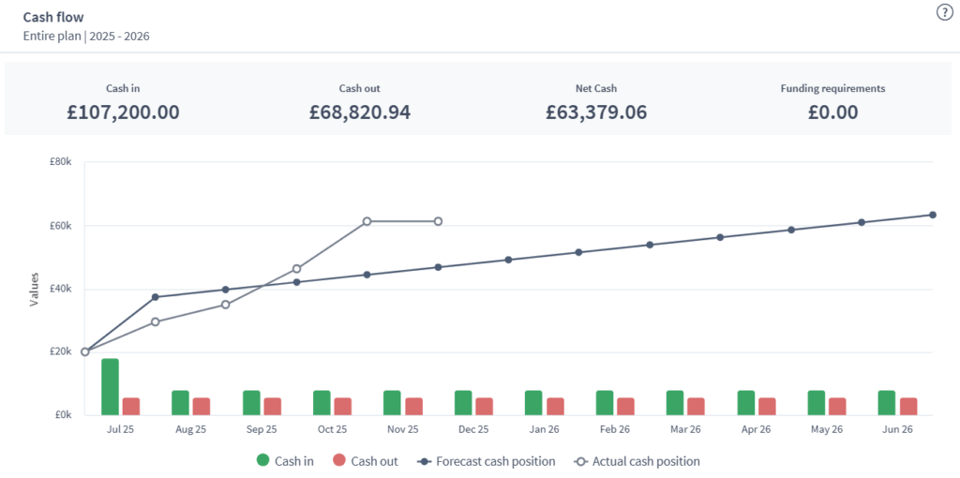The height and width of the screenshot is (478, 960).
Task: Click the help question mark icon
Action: [944, 12]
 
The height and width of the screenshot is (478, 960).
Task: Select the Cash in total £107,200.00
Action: [123, 112]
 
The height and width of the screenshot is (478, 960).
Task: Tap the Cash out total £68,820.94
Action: [360, 112]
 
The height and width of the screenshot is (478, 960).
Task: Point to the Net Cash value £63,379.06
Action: [596, 112]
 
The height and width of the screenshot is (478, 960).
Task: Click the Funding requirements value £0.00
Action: [832, 112]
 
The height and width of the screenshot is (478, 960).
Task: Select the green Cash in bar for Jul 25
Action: [110, 386]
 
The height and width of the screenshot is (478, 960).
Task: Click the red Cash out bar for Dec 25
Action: [484, 406]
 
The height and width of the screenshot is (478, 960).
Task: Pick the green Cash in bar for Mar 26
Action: [675, 402]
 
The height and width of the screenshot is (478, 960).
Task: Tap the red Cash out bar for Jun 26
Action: [908, 406]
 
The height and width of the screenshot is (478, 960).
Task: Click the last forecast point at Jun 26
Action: [933, 215]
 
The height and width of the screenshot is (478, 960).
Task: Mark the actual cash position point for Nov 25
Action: [438, 221]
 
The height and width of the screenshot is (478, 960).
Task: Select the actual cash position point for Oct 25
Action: [367, 221]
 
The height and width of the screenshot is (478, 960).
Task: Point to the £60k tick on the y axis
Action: [63, 226]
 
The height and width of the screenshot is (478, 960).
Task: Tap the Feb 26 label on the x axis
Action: [615, 429]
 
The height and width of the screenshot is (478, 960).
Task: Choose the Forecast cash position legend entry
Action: [487, 461]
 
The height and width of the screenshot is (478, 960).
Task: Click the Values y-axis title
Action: [34, 289]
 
